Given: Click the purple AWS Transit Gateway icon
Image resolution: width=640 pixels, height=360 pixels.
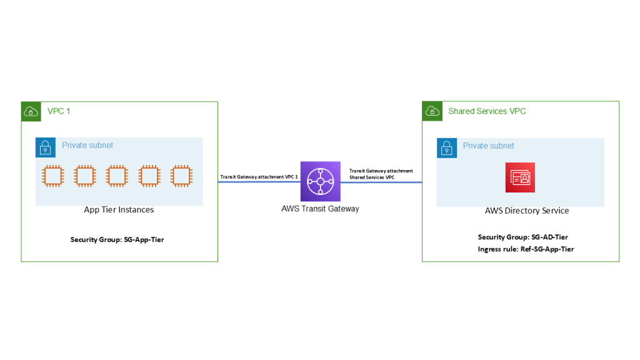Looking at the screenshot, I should click(x=320, y=181).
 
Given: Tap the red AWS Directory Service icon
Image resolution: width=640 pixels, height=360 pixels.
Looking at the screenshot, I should click(x=520, y=177).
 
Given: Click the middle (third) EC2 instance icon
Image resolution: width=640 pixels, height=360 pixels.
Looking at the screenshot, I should click(x=116, y=176).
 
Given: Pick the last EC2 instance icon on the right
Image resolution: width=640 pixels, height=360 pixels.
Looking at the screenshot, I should click(x=181, y=176).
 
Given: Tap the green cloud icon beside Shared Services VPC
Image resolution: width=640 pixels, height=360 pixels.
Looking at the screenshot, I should click(x=432, y=111).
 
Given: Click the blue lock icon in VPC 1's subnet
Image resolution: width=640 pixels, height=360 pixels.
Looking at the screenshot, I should click(x=45, y=147).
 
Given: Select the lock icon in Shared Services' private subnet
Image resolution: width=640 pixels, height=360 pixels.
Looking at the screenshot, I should click(x=446, y=148).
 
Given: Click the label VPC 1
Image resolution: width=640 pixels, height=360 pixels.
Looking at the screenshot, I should click(x=59, y=111).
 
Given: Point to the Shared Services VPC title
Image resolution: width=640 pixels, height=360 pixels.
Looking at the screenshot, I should click(x=487, y=111).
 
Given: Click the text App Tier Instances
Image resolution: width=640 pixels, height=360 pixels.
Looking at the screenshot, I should click(x=119, y=210).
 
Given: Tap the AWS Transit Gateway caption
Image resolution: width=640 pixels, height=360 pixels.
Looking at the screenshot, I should click(x=320, y=209).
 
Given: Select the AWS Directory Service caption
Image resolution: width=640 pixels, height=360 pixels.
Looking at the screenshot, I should click(x=527, y=211).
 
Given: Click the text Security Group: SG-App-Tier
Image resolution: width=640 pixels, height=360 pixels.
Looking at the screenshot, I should click(x=117, y=239).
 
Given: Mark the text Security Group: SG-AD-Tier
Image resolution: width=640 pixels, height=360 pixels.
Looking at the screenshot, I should click(x=522, y=237).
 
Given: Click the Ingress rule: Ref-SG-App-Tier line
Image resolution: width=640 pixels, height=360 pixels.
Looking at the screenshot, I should click(x=526, y=249).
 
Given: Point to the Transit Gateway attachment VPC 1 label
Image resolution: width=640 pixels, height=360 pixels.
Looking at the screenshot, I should click(x=259, y=177).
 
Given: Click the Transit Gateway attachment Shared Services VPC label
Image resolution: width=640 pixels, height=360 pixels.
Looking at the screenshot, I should click(x=381, y=174).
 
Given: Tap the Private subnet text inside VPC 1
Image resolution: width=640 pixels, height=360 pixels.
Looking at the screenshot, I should click(x=87, y=145).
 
